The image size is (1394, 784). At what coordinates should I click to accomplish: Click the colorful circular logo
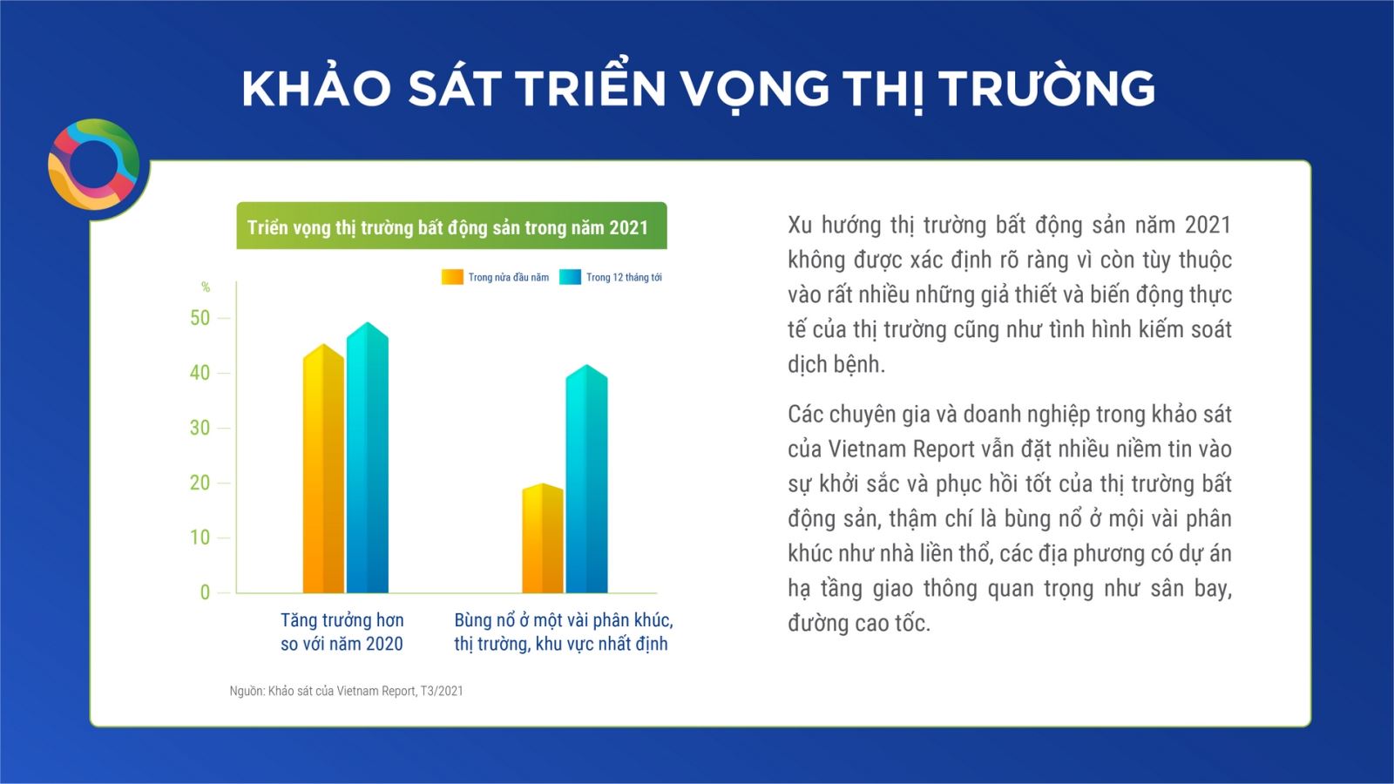pos(94,165)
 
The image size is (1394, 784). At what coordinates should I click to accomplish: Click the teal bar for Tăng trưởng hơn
pos(367,457)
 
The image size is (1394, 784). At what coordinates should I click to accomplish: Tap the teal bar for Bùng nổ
pos(586,478)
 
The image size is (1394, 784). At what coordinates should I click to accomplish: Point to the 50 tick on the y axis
pos(200,318)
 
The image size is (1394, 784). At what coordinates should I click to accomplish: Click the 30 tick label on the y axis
pos(200,428)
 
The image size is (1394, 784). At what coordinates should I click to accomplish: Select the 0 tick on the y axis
pos(205,592)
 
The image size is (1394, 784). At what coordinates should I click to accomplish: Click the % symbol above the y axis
pos(206,287)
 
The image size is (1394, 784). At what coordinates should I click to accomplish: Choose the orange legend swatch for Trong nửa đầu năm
pos(452,277)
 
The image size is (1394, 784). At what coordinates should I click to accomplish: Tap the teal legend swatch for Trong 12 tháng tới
pos(570,277)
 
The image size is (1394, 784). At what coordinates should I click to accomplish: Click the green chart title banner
pos(451,226)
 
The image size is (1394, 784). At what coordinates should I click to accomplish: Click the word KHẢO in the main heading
pos(316,87)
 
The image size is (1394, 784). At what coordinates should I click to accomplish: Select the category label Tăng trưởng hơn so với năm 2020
pos(342,632)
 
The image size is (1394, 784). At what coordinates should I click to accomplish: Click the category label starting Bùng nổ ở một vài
pos(563,632)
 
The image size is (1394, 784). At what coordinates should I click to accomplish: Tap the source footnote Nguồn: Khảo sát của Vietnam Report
pos(346,691)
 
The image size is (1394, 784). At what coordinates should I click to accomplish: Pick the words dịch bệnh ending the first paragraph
pos(836,365)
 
